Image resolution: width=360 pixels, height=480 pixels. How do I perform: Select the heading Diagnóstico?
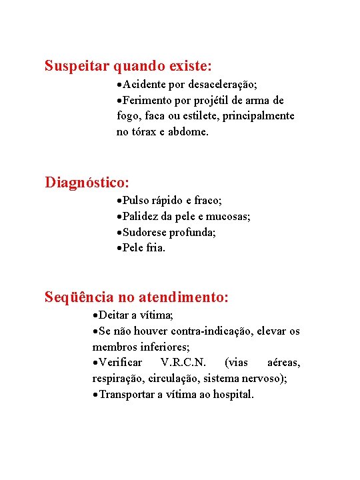click(87, 182)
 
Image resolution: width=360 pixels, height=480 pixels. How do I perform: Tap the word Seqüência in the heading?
click(79, 297)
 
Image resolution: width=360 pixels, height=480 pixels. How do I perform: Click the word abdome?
click(189, 133)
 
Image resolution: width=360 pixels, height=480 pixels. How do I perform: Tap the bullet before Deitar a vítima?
click(95, 315)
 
